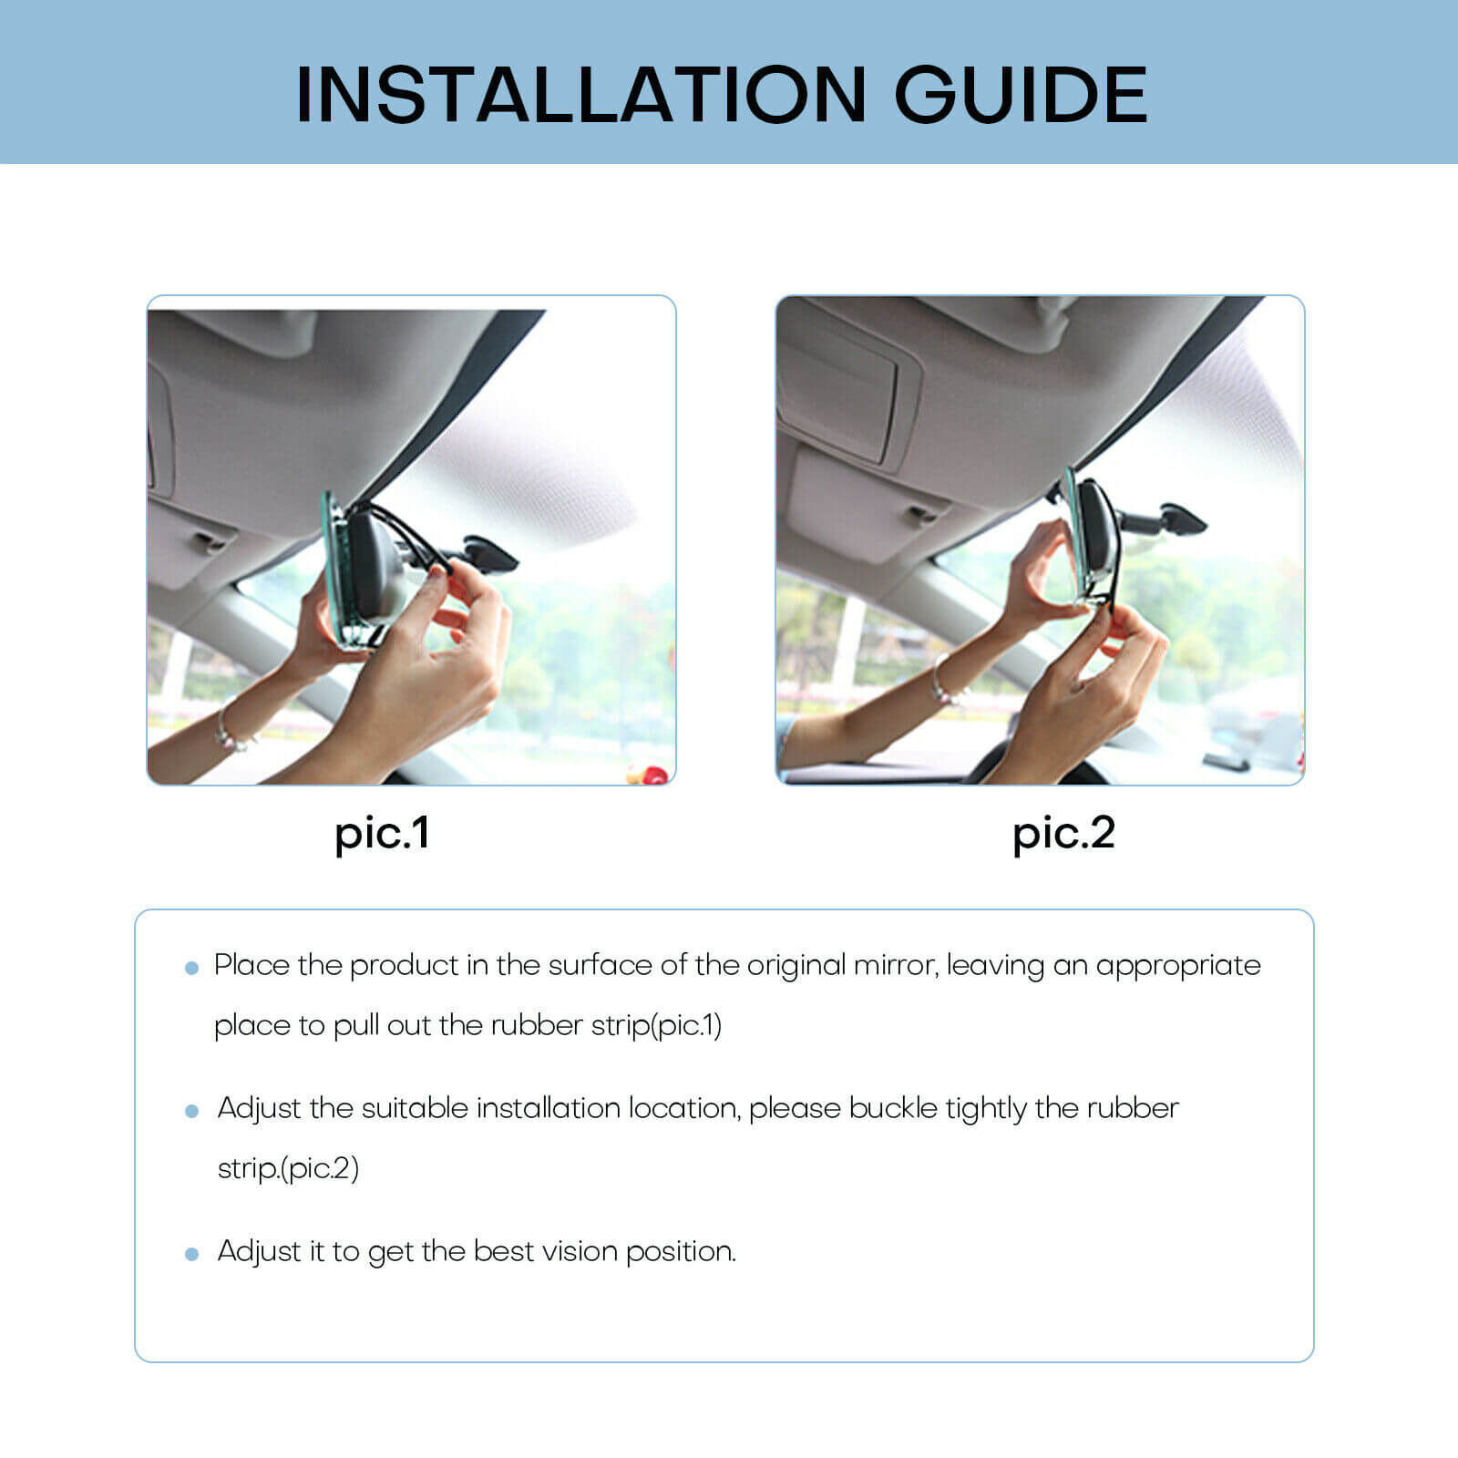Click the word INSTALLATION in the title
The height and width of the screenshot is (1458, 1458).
(580, 95)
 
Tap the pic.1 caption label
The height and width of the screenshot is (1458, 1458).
(382, 834)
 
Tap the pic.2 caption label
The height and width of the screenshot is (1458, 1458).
(1063, 834)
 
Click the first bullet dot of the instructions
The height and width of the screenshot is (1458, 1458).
(191, 968)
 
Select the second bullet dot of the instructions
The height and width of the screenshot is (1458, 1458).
(191, 1111)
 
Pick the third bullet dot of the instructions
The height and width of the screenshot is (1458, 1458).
(191, 1254)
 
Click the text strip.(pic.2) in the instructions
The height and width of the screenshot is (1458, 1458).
(288, 1169)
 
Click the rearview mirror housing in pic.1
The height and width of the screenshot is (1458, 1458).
(374, 565)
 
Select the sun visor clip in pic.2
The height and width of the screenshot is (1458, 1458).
(922, 514)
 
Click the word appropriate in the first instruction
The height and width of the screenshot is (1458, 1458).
(1178, 965)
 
